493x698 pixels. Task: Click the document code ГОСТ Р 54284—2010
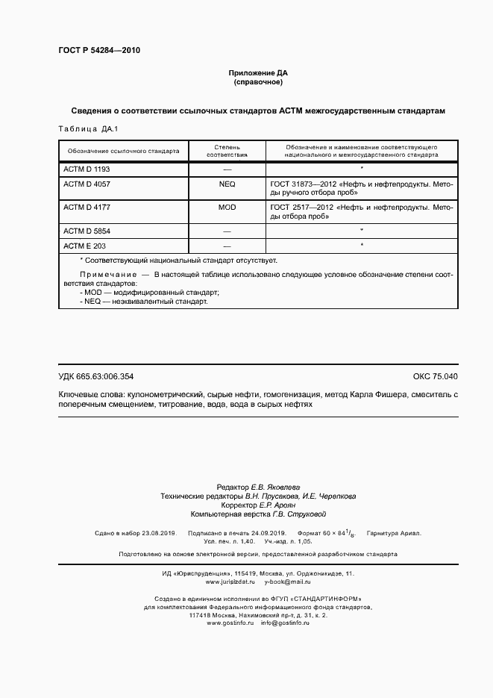pyautogui.click(x=98, y=51)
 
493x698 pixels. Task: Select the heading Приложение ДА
pyautogui.click(x=257, y=73)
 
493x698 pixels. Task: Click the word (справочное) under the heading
pyautogui.click(x=257, y=82)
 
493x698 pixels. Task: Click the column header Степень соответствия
pyautogui.click(x=227, y=150)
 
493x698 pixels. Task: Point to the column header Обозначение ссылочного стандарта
pyautogui.click(x=123, y=150)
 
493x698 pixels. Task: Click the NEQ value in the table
pyautogui.click(x=227, y=183)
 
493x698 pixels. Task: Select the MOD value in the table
pyautogui.click(x=227, y=207)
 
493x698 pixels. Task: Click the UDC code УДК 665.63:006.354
pyautogui.click(x=95, y=376)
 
